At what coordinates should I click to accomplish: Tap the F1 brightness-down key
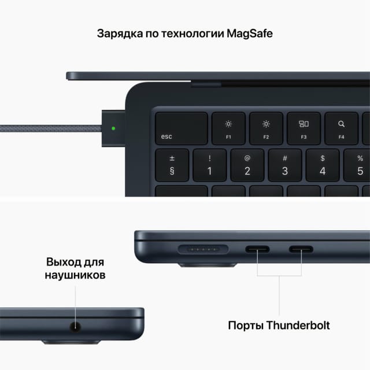coord(228,128)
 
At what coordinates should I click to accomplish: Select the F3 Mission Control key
coord(304,128)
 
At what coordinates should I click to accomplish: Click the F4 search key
coord(341,128)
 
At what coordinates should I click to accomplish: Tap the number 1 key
coord(209,165)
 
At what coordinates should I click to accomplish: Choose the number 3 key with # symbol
coord(284,165)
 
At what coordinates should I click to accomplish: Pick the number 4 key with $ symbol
coord(323,165)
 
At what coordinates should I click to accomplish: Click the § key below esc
coord(172,165)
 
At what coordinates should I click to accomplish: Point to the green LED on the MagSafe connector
coord(113,128)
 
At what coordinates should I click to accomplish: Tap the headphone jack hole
coord(75,327)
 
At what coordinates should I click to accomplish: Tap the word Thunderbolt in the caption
coord(299,325)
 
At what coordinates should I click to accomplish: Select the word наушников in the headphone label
coord(75,275)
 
